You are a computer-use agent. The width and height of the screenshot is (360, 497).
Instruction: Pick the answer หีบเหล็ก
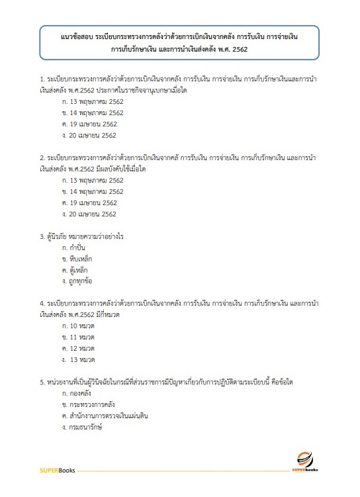(x=81, y=259)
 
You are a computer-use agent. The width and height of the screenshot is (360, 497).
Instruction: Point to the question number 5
(x=42, y=383)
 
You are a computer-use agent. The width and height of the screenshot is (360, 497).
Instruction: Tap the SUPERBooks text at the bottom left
(x=58, y=471)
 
